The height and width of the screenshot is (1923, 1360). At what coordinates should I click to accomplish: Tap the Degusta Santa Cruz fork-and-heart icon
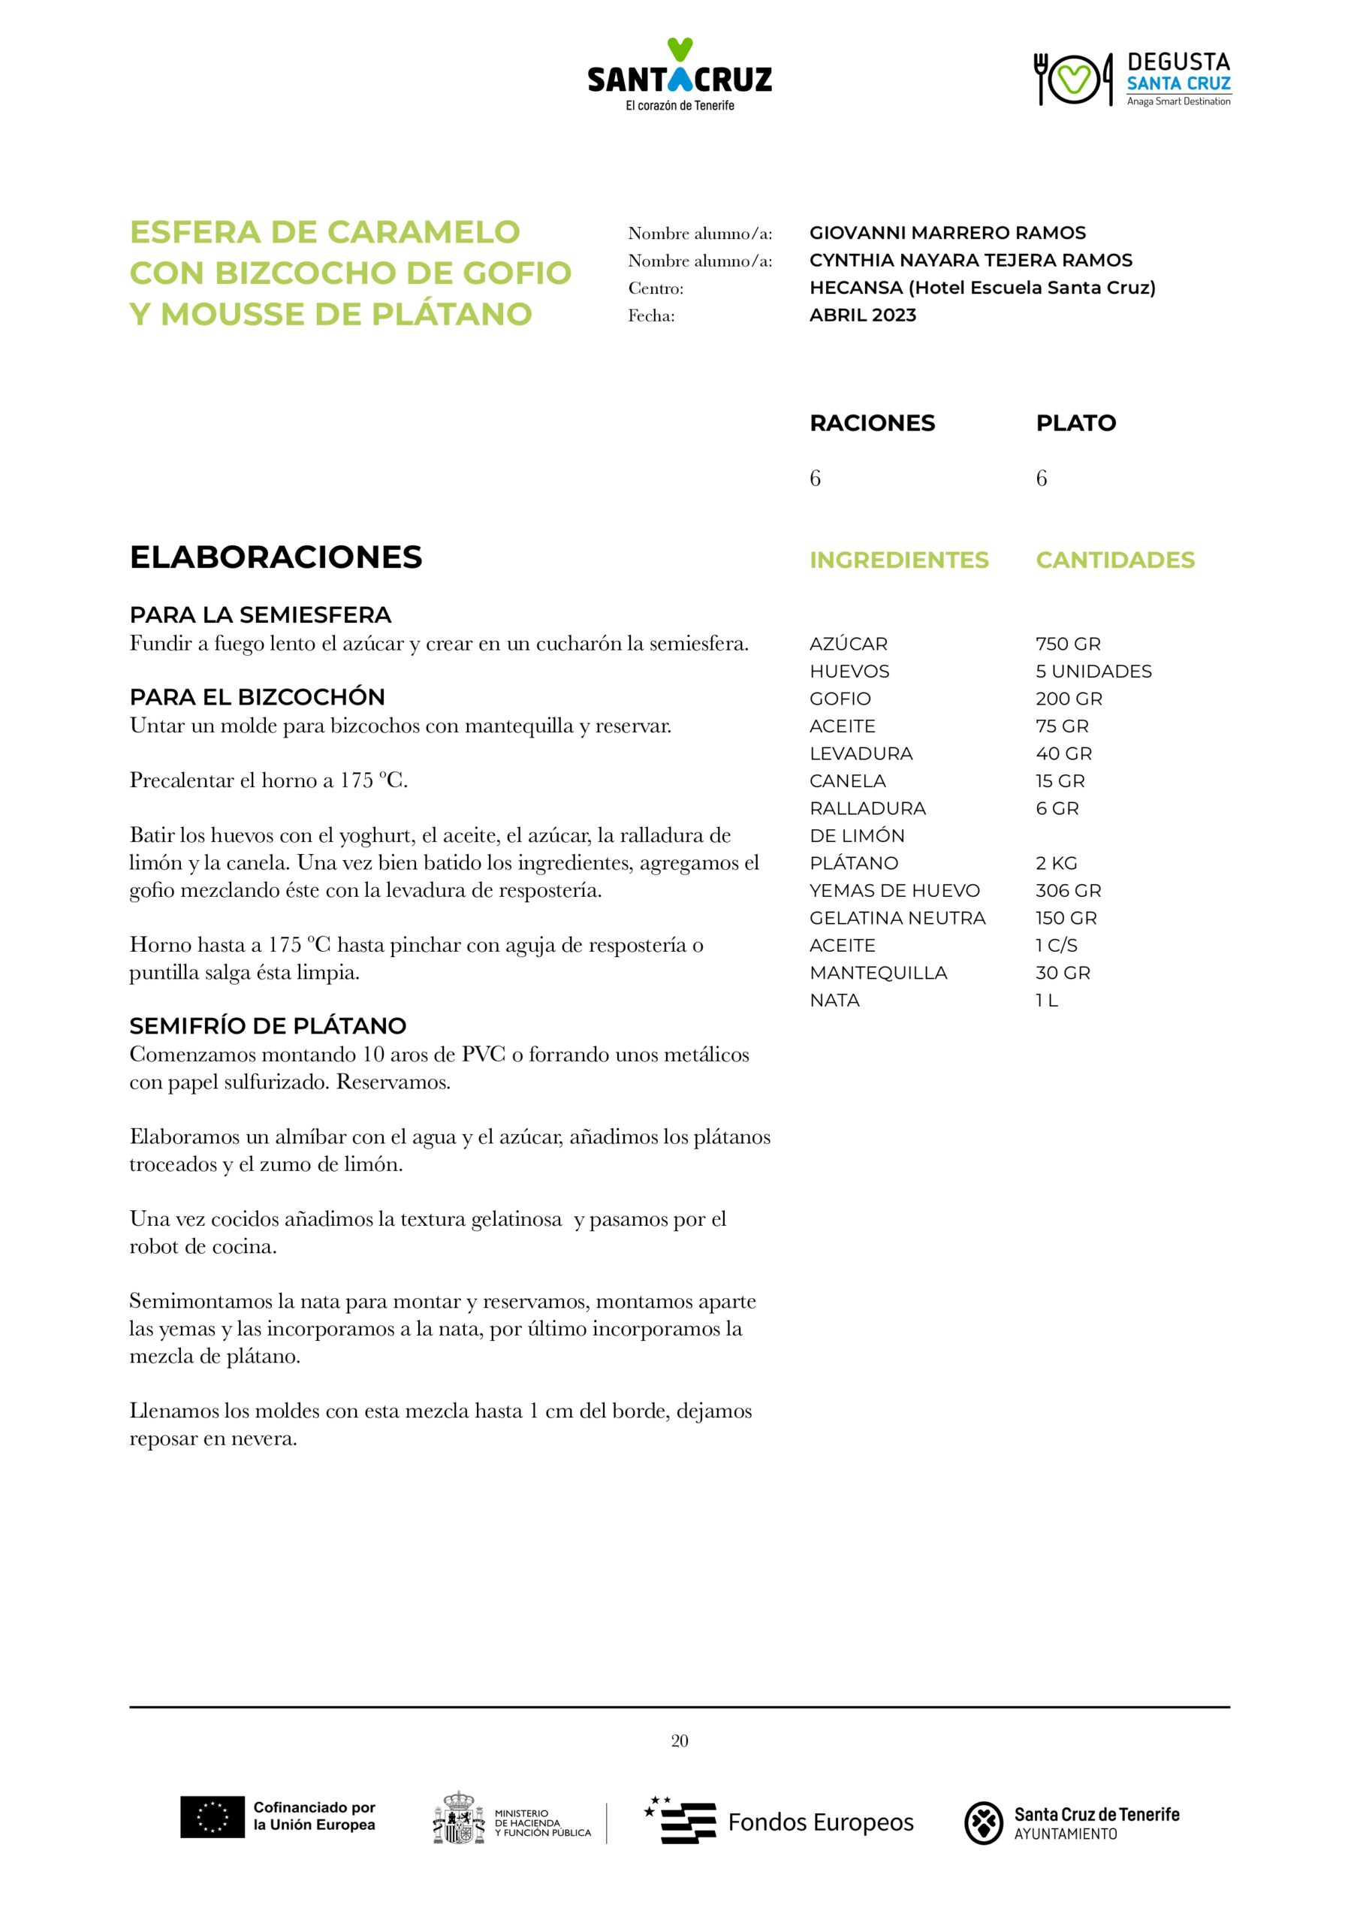1073,79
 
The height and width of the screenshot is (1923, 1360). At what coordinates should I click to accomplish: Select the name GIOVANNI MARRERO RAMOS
947,233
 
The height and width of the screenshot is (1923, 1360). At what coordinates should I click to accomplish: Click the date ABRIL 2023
863,315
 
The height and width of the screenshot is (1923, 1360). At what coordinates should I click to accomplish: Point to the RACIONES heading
872,423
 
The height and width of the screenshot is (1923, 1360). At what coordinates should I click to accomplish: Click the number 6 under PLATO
1041,478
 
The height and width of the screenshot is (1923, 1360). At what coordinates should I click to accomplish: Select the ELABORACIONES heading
276,557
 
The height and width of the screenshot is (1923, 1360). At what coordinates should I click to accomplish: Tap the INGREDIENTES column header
899,560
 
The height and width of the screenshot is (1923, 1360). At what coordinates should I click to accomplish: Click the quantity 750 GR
1068,644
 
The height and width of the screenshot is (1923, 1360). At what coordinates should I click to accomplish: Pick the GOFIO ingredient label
840,699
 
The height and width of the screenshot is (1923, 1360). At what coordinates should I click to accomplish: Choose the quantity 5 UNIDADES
1093,671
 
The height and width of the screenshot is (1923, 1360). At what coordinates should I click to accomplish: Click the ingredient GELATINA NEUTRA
897,918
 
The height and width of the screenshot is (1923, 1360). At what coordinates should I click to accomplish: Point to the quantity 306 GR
1068,890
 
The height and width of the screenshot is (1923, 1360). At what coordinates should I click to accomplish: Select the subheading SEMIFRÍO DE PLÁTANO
268,1025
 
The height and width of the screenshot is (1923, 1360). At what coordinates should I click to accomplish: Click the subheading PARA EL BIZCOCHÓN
257,697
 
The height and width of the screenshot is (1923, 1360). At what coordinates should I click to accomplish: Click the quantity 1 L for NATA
1046,1000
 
